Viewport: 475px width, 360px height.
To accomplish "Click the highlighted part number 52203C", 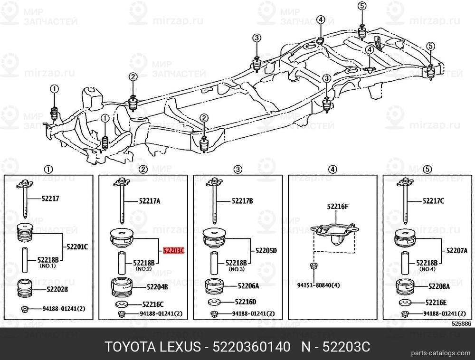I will [x=173, y=250].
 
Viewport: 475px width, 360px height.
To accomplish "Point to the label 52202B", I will [x=57, y=289].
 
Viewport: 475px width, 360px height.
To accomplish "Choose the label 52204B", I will [x=144, y=286].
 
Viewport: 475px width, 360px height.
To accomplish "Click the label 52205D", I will [x=266, y=250].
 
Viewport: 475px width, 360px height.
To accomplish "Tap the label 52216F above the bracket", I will [x=337, y=207].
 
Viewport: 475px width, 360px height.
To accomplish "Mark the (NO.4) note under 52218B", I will [x=427, y=269].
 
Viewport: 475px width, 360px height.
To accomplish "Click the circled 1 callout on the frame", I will [x=54, y=89].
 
